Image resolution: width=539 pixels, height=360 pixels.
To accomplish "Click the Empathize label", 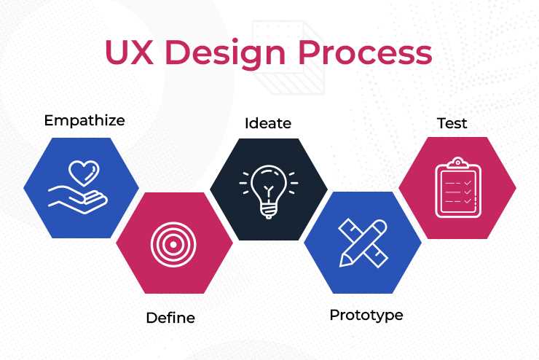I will tap(84, 120).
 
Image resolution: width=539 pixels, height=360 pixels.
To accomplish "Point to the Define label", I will tap(170, 318).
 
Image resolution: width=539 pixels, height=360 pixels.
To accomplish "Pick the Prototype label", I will tap(366, 316).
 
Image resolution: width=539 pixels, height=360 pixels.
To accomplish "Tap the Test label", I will tap(452, 123).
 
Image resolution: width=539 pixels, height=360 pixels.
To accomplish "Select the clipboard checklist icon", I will tap(457, 187).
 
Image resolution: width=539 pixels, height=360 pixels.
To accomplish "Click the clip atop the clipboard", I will tap(457, 162).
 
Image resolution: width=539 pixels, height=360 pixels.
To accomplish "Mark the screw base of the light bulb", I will tap(268, 211).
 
